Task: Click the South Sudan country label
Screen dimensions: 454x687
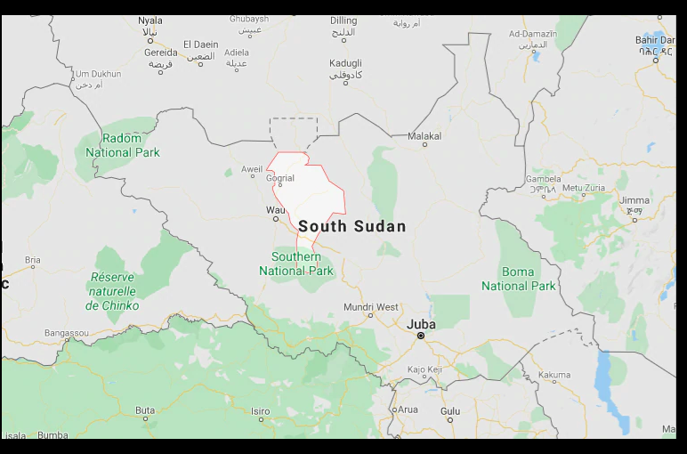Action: (x=352, y=226)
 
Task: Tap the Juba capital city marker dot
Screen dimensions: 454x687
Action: (x=421, y=336)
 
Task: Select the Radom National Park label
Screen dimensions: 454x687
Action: (x=123, y=145)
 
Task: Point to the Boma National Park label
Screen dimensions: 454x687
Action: (x=519, y=279)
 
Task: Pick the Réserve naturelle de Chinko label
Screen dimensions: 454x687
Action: (x=112, y=291)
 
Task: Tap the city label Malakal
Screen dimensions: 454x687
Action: (x=424, y=136)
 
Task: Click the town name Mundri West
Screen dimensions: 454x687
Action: (x=371, y=307)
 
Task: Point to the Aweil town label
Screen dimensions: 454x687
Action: (x=253, y=169)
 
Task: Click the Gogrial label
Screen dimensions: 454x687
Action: (x=280, y=178)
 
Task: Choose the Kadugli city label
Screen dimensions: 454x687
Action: (x=345, y=63)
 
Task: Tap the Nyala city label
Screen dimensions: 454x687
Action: (x=150, y=20)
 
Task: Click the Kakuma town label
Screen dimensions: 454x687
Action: (x=554, y=377)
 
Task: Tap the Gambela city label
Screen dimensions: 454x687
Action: (x=544, y=179)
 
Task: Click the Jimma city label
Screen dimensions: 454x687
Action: (x=634, y=200)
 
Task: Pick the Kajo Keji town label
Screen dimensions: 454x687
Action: (x=424, y=369)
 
